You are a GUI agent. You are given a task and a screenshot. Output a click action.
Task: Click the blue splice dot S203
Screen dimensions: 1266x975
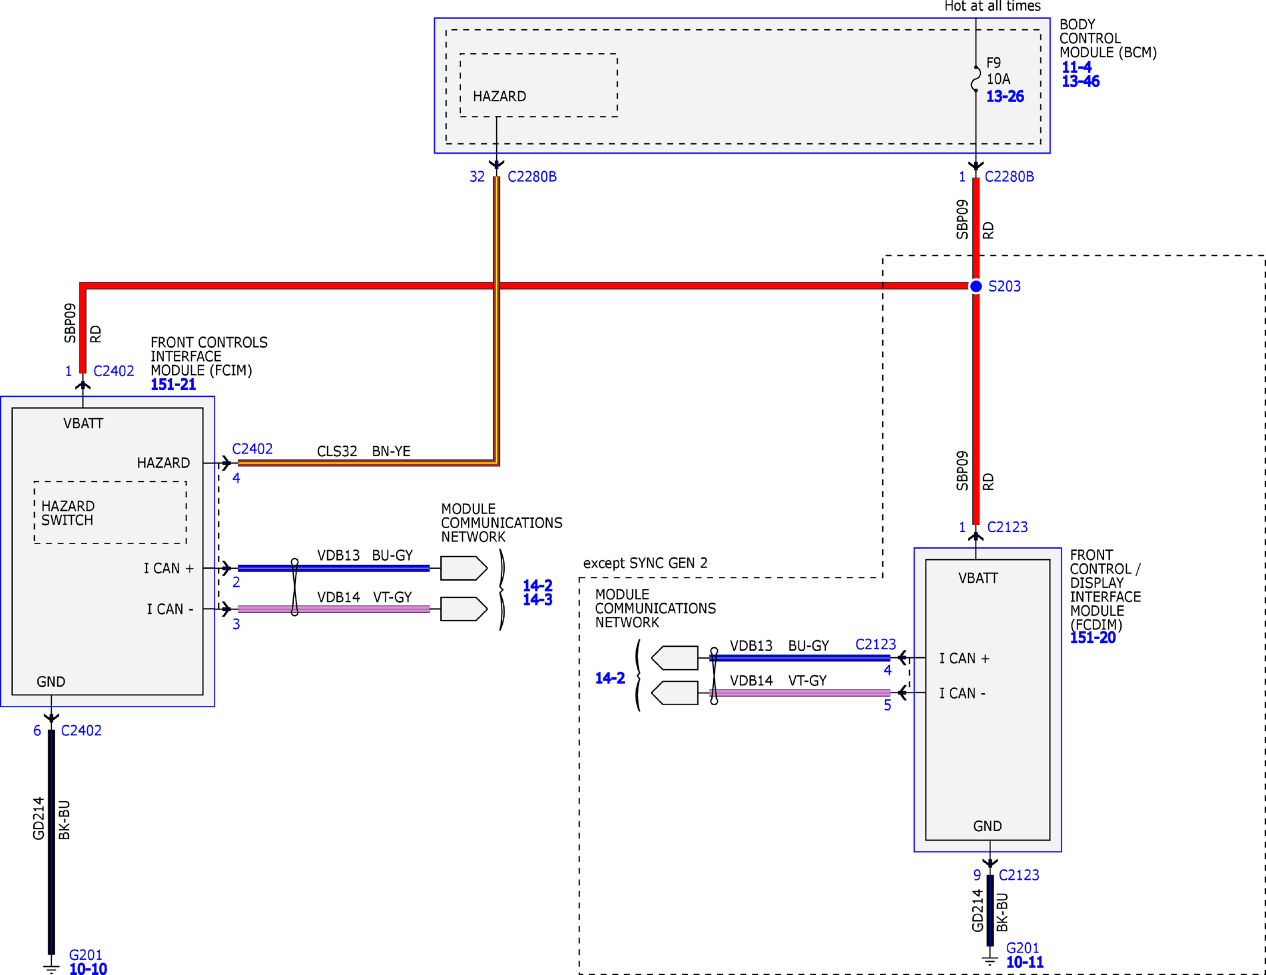[976, 286]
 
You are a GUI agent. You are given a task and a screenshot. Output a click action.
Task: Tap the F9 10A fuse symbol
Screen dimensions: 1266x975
[975, 78]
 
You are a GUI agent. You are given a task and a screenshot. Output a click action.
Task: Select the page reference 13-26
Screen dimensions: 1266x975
[1005, 96]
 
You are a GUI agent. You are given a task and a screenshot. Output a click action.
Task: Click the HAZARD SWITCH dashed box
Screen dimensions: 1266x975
[110, 512]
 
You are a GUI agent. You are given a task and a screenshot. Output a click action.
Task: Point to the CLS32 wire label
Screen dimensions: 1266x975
[337, 451]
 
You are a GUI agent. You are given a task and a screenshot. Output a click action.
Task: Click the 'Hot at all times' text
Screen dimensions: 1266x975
[993, 6]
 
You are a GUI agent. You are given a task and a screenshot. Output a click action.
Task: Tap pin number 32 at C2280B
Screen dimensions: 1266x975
[477, 176]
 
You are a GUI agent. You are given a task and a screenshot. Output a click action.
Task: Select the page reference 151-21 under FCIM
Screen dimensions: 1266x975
[173, 384]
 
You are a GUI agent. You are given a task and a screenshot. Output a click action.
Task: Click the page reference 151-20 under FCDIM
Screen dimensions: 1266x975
[1093, 638]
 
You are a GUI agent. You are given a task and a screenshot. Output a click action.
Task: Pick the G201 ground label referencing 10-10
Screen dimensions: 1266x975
[86, 955]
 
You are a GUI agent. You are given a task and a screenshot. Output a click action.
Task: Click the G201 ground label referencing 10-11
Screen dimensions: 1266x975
[1022, 948]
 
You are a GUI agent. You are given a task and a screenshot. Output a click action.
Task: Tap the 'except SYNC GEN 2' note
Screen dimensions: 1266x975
[645, 563]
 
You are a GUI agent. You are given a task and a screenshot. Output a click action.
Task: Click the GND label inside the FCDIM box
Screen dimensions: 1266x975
[987, 826]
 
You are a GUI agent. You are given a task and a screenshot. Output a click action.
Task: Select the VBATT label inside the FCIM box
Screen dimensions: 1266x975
[83, 424]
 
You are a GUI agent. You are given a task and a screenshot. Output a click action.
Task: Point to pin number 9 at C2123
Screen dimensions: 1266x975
[977, 875]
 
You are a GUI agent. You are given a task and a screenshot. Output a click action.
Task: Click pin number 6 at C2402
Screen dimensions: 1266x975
[37, 730]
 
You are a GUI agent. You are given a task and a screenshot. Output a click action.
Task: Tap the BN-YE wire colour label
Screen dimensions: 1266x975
[391, 451]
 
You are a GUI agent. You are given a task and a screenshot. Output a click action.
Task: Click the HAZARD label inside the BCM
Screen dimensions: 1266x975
[499, 96]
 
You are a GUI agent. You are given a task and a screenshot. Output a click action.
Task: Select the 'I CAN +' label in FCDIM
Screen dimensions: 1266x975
[964, 658]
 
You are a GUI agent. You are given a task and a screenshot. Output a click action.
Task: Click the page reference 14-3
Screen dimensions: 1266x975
[537, 600]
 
